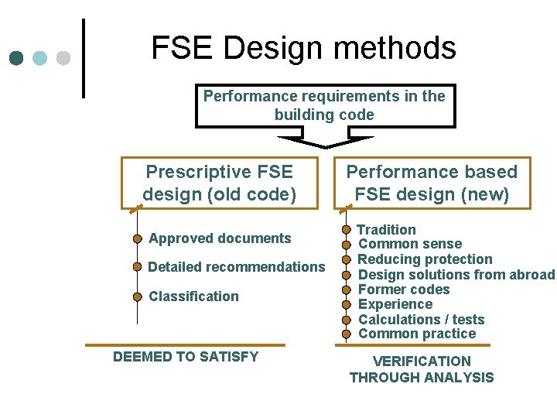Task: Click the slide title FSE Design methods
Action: click(x=303, y=48)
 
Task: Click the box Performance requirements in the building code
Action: click(x=325, y=105)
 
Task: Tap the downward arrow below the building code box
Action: click(x=325, y=141)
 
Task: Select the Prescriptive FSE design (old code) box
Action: click(x=220, y=183)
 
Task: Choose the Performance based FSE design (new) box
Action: click(x=432, y=183)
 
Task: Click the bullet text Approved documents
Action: click(x=220, y=238)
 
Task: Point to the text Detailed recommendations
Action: click(x=237, y=267)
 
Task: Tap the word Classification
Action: click(x=193, y=296)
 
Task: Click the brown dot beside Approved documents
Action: click(x=138, y=238)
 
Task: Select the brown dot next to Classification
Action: click(x=138, y=296)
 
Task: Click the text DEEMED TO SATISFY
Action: click(x=186, y=357)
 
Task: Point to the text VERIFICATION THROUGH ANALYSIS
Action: click(x=422, y=369)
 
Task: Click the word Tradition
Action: click(x=386, y=230)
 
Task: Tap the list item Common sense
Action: click(x=410, y=245)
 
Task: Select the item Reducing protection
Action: click(x=425, y=259)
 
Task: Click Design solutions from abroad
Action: click(x=456, y=275)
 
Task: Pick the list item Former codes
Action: click(x=404, y=290)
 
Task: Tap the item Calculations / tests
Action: click(x=421, y=320)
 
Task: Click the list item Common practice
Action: click(x=417, y=334)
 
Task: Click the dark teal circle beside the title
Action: click(x=17, y=58)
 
